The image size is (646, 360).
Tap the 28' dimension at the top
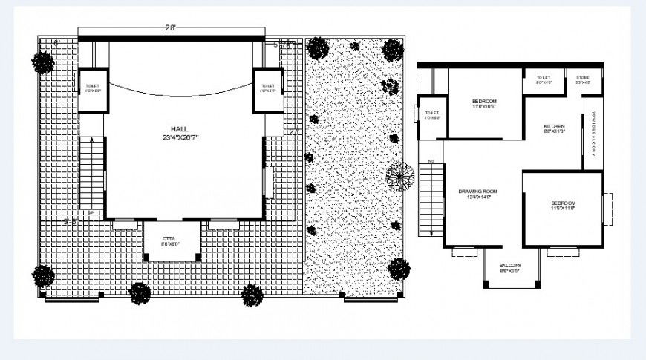click(x=170, y=28)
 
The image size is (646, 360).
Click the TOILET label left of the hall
click(x=92, y=88)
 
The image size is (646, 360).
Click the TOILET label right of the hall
click(x=268, y=88)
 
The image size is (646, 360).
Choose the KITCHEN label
click(x=554, y=128)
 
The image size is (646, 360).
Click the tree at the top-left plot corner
click(x=42, y=62)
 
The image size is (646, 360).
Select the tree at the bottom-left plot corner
click(x=43, y=276)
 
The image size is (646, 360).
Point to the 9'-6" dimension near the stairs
click(x=71, y=221)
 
